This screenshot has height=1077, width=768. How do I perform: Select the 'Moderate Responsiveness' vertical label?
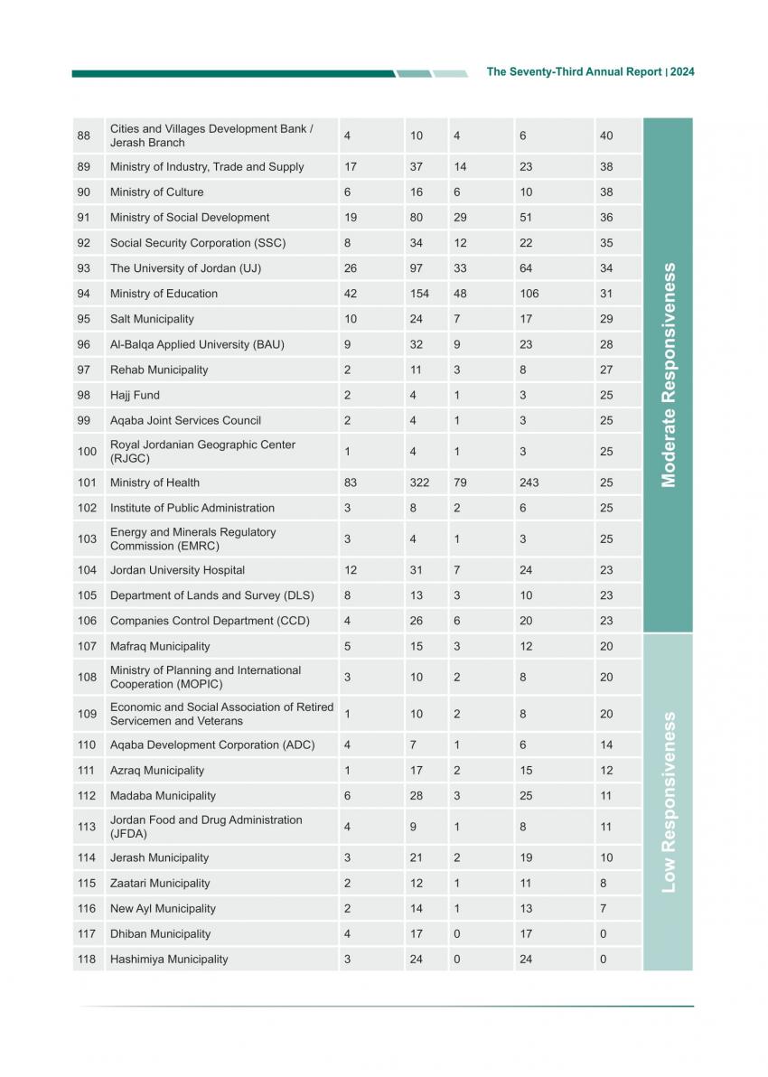pyautogui.click(x=669, y=375)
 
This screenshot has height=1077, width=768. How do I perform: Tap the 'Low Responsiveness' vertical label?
pyautogui.click(x=669, y=802)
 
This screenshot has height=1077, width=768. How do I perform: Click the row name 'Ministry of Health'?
pyautogui.click(x=155, y=482)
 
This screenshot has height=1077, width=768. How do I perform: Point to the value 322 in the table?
pyautogui.click(x=419, y=482)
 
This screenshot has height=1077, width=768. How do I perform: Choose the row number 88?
pyautogui.click(x=84, y=136)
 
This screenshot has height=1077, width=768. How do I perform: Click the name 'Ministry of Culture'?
pyautogui.click(x=156, y=192)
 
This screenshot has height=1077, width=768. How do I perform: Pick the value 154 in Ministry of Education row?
pyautogui.click(x=419, y=294)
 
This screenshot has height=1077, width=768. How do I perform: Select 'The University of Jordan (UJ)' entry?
pyautogui.click(x=185, y=268)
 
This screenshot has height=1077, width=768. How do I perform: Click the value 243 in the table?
pyautogui.click(x=529, y=482)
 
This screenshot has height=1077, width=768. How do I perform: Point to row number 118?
pyautogui.click(x=87, y=960)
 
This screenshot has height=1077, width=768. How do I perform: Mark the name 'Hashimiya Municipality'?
pyautogui.click(x=169, y=960)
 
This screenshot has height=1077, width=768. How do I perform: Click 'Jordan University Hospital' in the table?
pyautogui.click(x=177, y=570)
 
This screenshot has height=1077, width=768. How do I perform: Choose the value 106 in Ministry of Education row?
pyautogui.click(x=529, y=294)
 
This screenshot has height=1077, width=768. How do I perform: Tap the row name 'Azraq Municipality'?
pyautogui.click(x=157, y=771)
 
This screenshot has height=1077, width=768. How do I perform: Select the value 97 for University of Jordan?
pyautogui.click(x=417, y=268)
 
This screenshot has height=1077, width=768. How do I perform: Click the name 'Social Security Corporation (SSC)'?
pyautogui.click(x=197, y=243)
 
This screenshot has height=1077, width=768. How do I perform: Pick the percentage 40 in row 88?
pyautogui.click(x=606, y=136)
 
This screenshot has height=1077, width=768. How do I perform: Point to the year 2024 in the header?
pyautogui.click(x=682, y=72)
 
